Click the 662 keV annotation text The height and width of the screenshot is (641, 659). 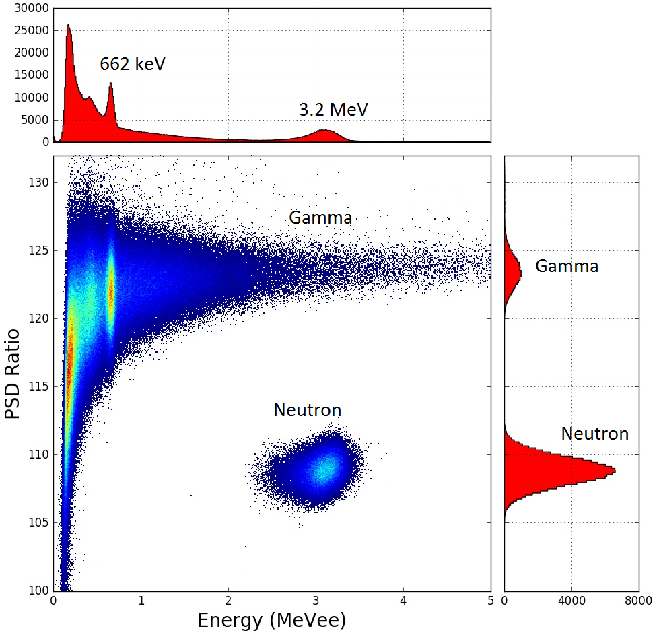132,65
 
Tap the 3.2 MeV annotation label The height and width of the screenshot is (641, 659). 334,110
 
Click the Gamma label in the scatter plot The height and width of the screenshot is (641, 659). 320,217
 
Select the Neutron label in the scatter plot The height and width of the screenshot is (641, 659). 307,410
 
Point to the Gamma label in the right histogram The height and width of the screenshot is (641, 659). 567,267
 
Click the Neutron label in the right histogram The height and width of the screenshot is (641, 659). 594,434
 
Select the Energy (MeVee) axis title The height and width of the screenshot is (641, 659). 272,621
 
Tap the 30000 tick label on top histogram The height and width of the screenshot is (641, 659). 26,9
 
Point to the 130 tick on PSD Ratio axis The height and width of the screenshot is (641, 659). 38,182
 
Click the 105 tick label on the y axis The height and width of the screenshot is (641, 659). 38,523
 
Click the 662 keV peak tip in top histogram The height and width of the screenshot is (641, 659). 111,83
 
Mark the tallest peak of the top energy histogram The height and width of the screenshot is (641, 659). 68,26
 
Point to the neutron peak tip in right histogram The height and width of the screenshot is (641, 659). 614,470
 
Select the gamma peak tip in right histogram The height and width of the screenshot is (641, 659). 520,272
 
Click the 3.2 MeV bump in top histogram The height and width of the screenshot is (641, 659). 324,131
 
